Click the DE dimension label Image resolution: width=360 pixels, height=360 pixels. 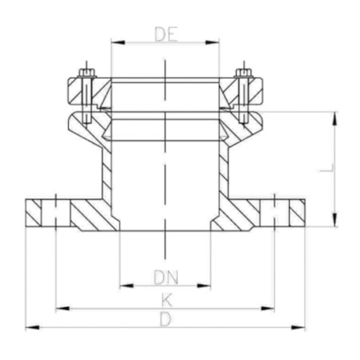click(166, 34)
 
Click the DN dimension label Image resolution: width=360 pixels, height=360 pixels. click(166, 278)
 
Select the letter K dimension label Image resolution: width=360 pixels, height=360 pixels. click(166, 300)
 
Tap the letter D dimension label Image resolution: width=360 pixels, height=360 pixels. click(166, 319)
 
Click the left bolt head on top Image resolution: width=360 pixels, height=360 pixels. click(86, 73)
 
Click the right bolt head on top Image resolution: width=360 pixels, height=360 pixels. click(244, 73)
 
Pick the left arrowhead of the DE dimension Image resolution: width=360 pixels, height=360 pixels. click(118, 42)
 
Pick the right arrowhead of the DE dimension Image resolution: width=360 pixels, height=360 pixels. click(212, 42)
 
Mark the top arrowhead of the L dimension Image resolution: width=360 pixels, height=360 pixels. click(335, 118)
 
